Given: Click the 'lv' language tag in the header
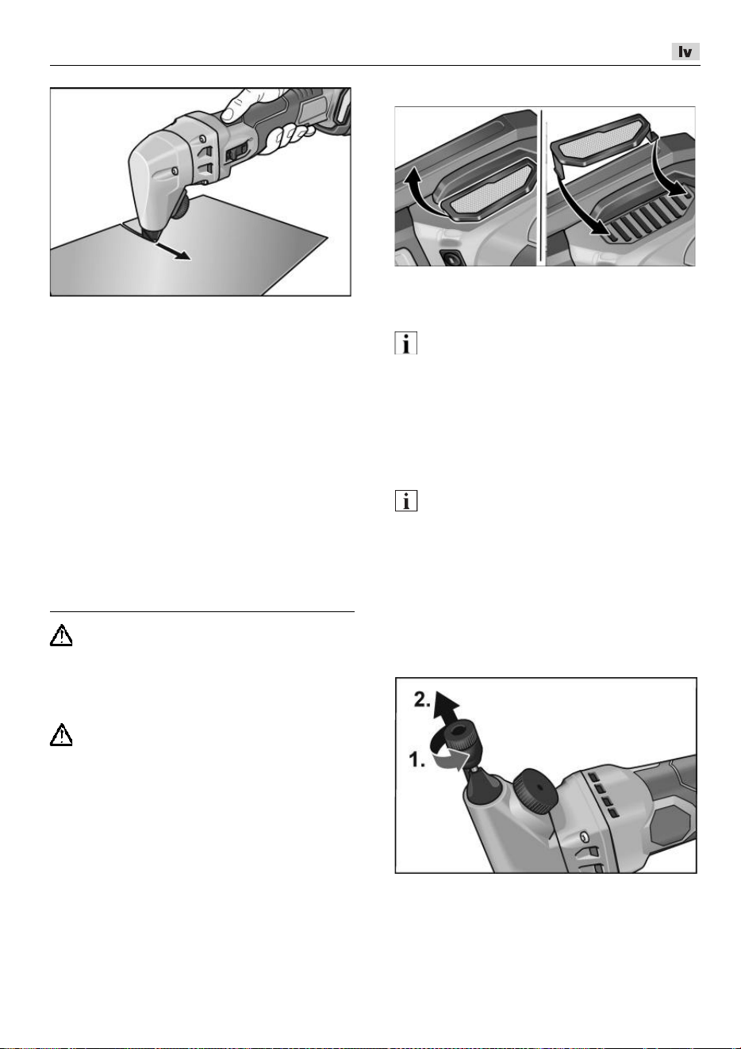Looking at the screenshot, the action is [x=685, y=52].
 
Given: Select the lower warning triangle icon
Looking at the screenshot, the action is [x=61, y=735].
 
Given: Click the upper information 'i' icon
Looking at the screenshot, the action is [x=406, y=343].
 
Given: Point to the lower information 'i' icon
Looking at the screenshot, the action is [x=406, y=501].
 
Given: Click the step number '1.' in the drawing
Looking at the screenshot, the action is [x=417, y=760].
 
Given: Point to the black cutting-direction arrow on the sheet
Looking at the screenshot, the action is [x=173, y=250].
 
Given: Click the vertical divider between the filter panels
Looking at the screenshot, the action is [x=541, y=187].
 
